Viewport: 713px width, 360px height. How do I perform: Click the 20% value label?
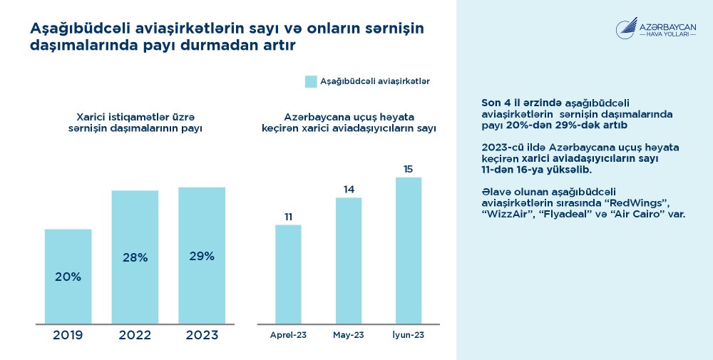(68, 276)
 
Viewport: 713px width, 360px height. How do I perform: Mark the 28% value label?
(135, 257)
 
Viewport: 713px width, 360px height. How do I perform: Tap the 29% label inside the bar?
(202, 256)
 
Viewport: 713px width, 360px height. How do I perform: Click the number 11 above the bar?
(288, 217)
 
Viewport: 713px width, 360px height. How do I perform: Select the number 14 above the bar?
(349, 190)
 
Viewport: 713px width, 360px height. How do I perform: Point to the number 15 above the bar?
(409, 169)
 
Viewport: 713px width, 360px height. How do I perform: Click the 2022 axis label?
(135, 335)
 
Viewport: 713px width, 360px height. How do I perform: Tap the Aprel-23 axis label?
(288, 334)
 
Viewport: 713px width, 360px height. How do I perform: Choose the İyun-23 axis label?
(409, 334)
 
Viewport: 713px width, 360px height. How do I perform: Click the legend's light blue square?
(311, 81)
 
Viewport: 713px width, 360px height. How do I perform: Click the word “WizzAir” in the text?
(507, 214)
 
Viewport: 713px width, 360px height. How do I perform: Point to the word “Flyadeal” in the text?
(568, 214)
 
